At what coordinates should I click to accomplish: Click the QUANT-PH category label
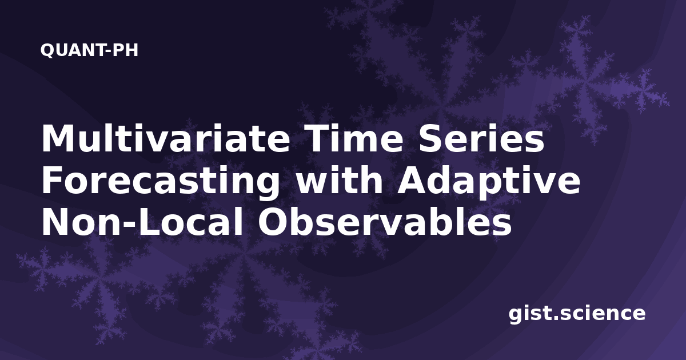click(89, 50)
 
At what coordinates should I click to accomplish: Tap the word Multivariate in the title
click(166, 138)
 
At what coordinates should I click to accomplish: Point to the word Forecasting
click(161, 181)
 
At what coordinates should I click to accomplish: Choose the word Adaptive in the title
click(488, 181)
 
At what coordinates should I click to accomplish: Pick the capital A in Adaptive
click(412, 180)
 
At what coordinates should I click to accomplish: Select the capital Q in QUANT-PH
click(48, 51)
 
